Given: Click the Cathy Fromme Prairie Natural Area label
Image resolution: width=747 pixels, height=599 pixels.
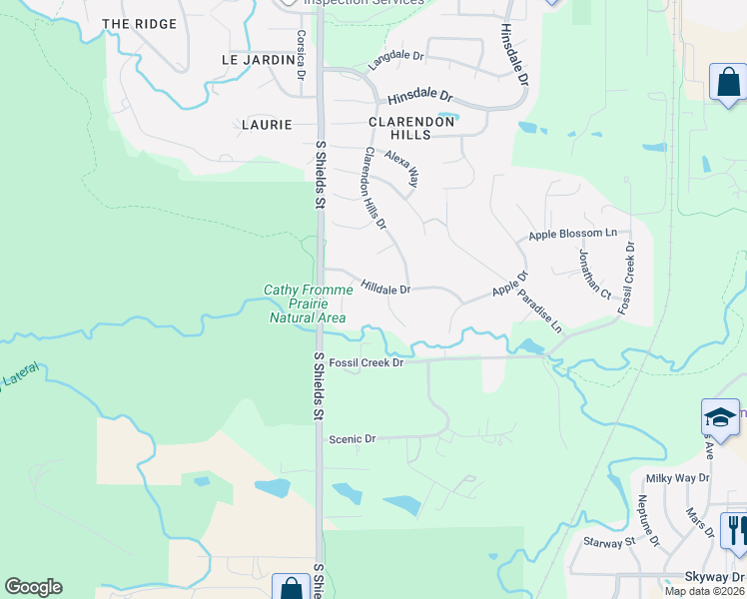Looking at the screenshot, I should tap(308, 303).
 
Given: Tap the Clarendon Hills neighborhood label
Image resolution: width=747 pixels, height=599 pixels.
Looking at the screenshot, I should tap(399, 127).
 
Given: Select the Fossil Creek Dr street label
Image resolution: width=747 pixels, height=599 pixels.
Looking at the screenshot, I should tap(366, 363).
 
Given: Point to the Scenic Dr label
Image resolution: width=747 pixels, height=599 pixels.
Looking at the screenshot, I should tap(352, 438).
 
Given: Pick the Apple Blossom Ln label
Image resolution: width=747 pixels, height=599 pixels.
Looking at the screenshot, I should tap(572, 234).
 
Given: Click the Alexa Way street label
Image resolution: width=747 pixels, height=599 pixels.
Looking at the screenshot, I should tap(403, 168).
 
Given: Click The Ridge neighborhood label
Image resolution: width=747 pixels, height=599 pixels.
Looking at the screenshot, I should tap(139, 23).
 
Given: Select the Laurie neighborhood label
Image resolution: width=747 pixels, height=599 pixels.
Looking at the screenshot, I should tap(267, 125).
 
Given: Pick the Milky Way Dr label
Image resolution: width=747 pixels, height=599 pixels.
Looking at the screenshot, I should tap(676, 478).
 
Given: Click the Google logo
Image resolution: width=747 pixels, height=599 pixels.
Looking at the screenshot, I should tap(33, 587).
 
